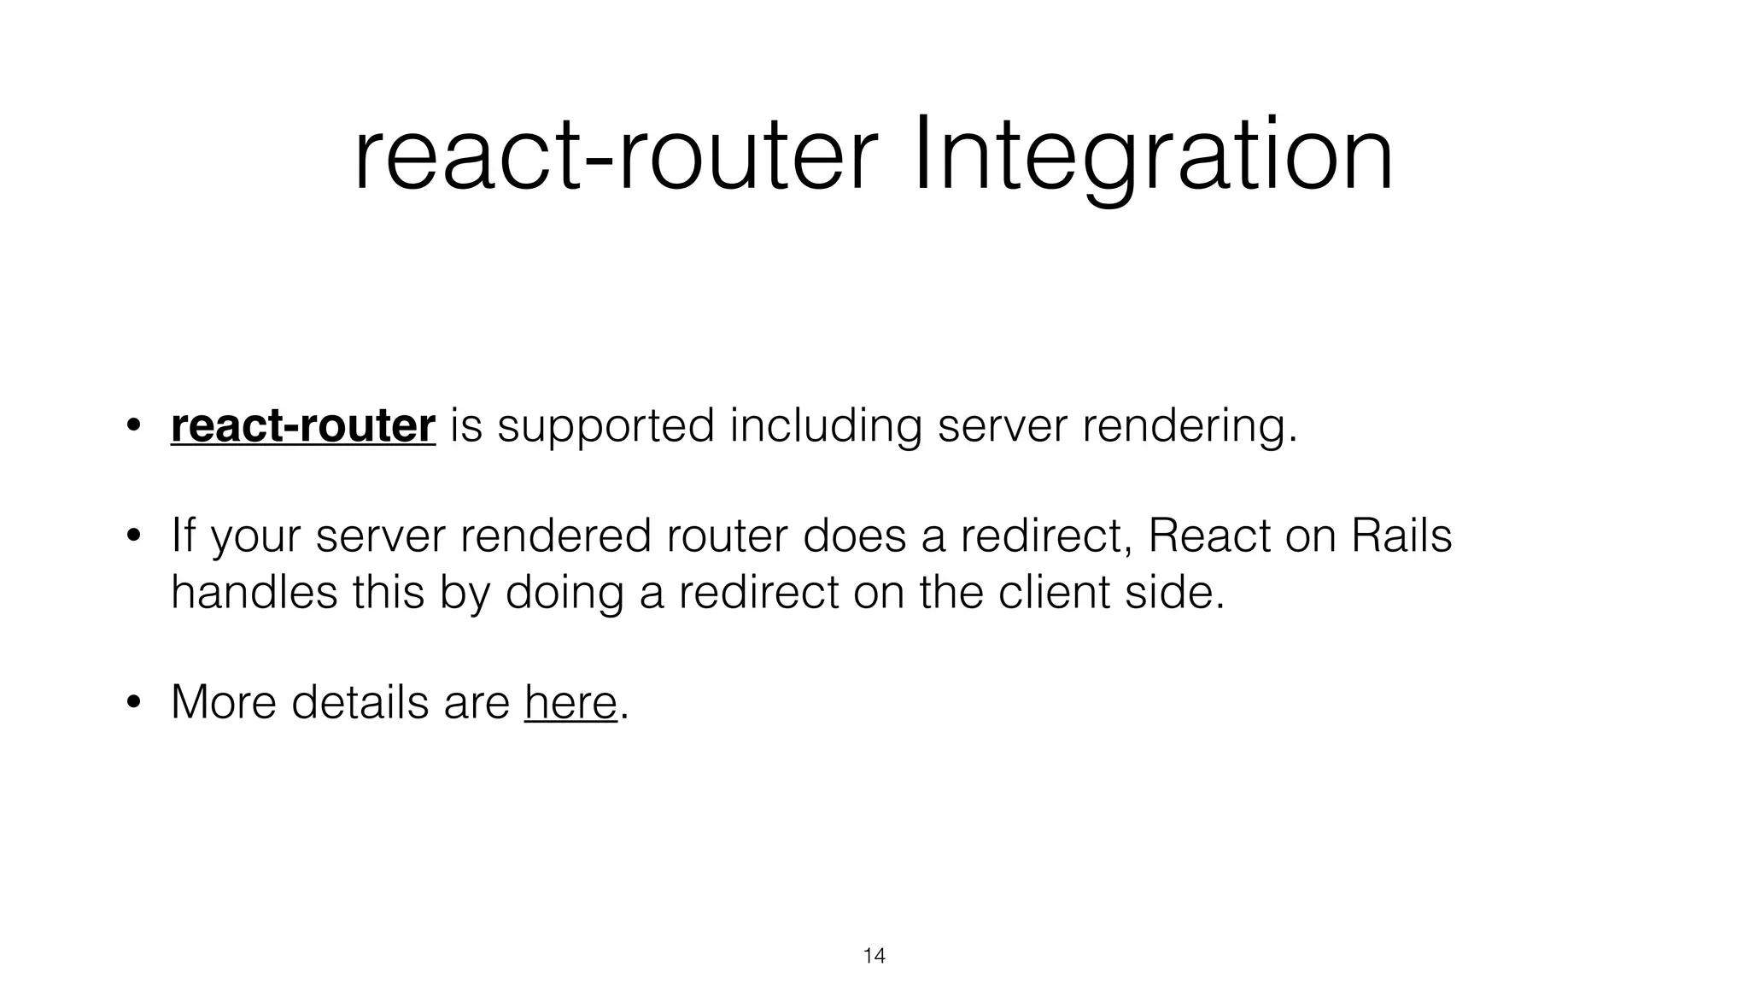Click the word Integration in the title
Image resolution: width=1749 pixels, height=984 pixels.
click(1153, 158)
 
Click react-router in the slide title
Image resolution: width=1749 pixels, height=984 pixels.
click(615, 158)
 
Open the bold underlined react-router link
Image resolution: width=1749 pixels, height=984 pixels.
click(303, 425)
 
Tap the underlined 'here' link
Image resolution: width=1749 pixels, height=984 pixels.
click(570, 702)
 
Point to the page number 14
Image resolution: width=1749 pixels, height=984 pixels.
click(874, 956)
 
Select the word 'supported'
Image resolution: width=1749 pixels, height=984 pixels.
click(605, 425)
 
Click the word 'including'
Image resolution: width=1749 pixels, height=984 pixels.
click(826, 425)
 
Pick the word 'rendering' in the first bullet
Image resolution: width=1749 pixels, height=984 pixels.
click(1183, 425)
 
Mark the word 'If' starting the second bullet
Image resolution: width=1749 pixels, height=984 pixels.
click(183, 536)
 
